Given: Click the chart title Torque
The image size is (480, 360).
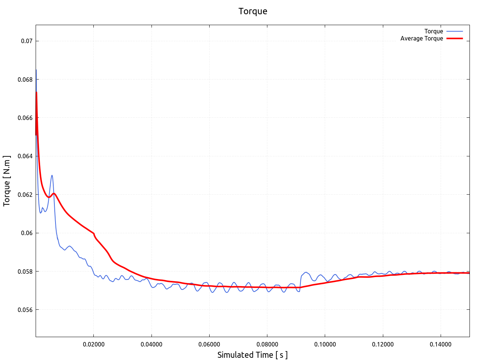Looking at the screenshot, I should [253, 11].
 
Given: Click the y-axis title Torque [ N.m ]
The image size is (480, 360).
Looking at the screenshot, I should [7, 181].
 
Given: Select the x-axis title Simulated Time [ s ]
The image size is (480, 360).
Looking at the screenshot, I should [252, 355].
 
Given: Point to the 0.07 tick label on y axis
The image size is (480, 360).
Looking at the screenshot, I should [27, 41].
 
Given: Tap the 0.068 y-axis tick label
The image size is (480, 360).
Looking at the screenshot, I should [25, 79].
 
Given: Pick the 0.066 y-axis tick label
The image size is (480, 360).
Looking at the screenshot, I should [25, 118].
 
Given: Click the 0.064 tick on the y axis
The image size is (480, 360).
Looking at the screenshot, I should [25, 156].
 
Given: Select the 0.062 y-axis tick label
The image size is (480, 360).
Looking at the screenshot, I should [25, 195].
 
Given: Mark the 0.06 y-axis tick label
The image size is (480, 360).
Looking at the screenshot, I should [27, 233].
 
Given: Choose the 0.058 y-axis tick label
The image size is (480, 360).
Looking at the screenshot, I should [25, 271].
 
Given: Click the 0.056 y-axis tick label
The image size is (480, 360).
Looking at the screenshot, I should [25, 310].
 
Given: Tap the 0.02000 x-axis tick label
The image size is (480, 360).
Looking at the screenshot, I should [94, 345].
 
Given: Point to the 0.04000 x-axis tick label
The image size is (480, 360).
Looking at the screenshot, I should [151, 345].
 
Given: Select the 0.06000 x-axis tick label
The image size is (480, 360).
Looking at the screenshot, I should [209, 345].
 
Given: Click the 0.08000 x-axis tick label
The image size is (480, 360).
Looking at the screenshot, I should [267, 345].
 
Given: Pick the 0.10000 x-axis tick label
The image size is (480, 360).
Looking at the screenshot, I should [325, 345].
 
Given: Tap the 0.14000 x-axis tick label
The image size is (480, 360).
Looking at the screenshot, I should [441, 345].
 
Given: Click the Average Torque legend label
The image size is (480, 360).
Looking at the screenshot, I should [421, 39].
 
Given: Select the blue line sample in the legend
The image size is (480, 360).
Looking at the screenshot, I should [454, 31].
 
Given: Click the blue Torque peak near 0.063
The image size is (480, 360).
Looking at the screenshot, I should [52, 175].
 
